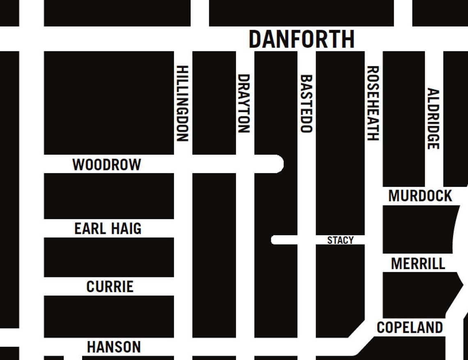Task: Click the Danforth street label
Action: pyautogui.click(x=301, y=39)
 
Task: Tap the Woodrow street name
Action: pyautogui.click(x=107, y=164)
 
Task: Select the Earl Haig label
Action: pyautogui.click(x=108, y=228)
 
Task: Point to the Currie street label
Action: pyautogui.click(x=110, y=286)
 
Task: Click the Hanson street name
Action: pyautogui.click(x=114, y=347)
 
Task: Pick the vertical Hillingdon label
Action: pyautogui.click(x=183, y=103)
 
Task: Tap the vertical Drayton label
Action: pyautogui.click(x=244, y=103)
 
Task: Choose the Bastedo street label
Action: pyautogui.click(x=306, y=103)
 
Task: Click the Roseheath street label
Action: pyautogui.click(x=373, y=103)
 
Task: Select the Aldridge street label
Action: pyautogui.click(x=434, y=118)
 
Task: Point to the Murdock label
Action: pyautogui.click(x=420, y=196)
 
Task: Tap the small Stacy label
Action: pyautogui.click(x=340, y=240)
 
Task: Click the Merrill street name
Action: pyautogui.click(x=418, y=263)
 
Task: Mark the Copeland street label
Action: pyautogui.click(x=410, y=328)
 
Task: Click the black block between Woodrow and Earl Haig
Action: pyautogui.click(x=109, y=196)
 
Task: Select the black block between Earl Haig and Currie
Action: pyautogui.click(x=109, y=257)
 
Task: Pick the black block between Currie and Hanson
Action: pyautogui.click(x=109, y=316)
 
